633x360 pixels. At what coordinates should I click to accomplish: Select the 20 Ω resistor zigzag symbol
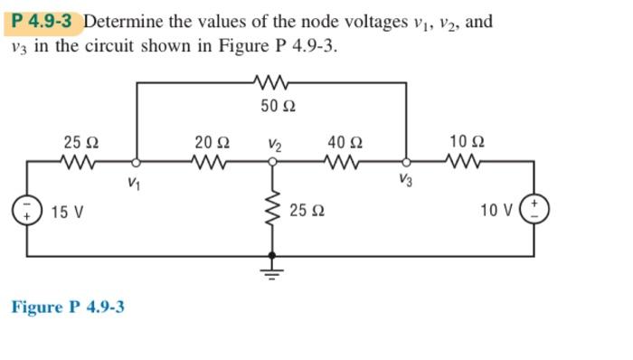pyautogui.click(x=212, y=164)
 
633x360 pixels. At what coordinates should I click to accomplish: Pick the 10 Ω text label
pyautogui.click(x=467, y=142)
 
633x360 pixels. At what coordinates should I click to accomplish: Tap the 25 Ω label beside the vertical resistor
pyautogui.click(x=307, y=212)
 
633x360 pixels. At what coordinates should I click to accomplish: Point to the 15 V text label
pyautogui.click(x=67, y=213)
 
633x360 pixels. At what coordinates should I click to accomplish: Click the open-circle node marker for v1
pyautogui.click(x=136, y=164)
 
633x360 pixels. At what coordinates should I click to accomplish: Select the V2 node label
pyautogui.click(x=275, y=143)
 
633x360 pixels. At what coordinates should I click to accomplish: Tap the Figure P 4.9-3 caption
pyautogui.click(x=68, y=307)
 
